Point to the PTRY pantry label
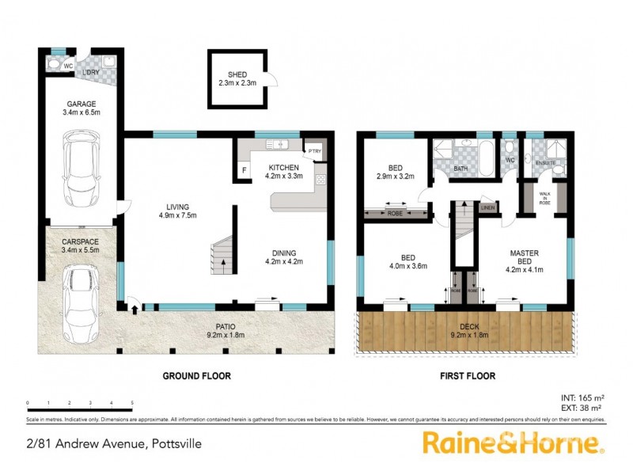coord(315,151)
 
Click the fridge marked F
coord(244,169)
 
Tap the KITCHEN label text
coord(283,168)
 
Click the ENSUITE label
coord(545,163)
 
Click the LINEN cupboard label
coord(487,208)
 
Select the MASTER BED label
coord(524,258)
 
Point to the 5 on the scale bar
coord(132,404)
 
